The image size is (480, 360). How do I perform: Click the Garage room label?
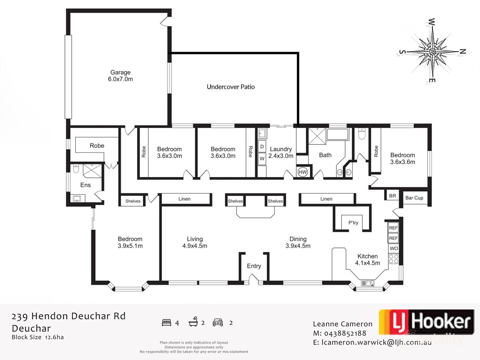click(x=120, y=72)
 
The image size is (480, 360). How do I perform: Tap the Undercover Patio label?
click(x=231, y=87)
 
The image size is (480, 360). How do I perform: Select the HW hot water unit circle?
click(x=303, y=172)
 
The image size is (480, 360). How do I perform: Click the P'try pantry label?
click(x=353, y=222)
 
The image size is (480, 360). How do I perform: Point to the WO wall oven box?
click(x=394, y=248)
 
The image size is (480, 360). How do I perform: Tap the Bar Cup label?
click(x=414, y=198)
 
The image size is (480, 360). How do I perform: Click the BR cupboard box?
click(x=392, y=196)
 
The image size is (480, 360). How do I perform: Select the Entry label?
click(x=254, y=266)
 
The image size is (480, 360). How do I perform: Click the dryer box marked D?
click(x=262, y=147)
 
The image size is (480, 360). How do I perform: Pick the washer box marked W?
click(x=262, y=159)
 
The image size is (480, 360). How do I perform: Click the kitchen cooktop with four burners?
click(x=394, y=258)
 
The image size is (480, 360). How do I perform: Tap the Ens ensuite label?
click(x=85, y=185)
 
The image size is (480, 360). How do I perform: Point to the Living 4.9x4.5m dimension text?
click(x=195, y=246)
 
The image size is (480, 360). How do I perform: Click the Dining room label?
click(x=298, y=239)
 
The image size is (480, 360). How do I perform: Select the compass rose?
click(x=432, y=51)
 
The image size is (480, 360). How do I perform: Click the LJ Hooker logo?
click(x=426, y=322)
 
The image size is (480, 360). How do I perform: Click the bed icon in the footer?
click(x=166, y=322)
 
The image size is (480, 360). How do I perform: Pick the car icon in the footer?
click(x=218, y=322)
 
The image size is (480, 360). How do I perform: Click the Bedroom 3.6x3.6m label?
click(x=402, y=158)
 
